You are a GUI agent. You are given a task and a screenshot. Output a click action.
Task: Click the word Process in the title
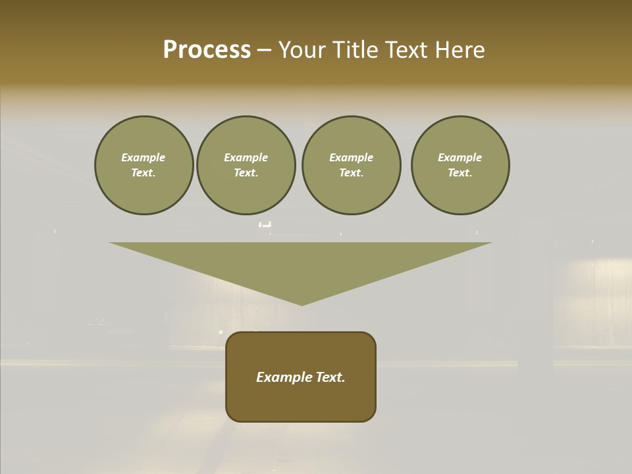tap(207, 50)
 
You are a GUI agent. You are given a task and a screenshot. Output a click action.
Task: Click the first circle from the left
tap(144, 165)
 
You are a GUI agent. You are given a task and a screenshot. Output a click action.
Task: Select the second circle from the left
tap(246, 165)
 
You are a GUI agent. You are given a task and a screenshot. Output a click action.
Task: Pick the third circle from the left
tap(351, 165)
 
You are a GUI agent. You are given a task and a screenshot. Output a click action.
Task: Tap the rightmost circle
tap(460, 165)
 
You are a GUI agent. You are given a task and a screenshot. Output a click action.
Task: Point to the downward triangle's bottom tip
tap(302, 304)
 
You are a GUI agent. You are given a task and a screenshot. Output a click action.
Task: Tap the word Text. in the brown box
tap(330, 377)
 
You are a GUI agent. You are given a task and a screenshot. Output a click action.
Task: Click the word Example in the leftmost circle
tap(144, 157)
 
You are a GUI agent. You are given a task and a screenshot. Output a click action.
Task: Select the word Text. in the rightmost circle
tap(460, 173)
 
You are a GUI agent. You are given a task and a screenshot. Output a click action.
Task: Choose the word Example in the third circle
tap(351, 157)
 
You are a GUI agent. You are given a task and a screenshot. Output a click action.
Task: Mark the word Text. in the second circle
tap(246, 173)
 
